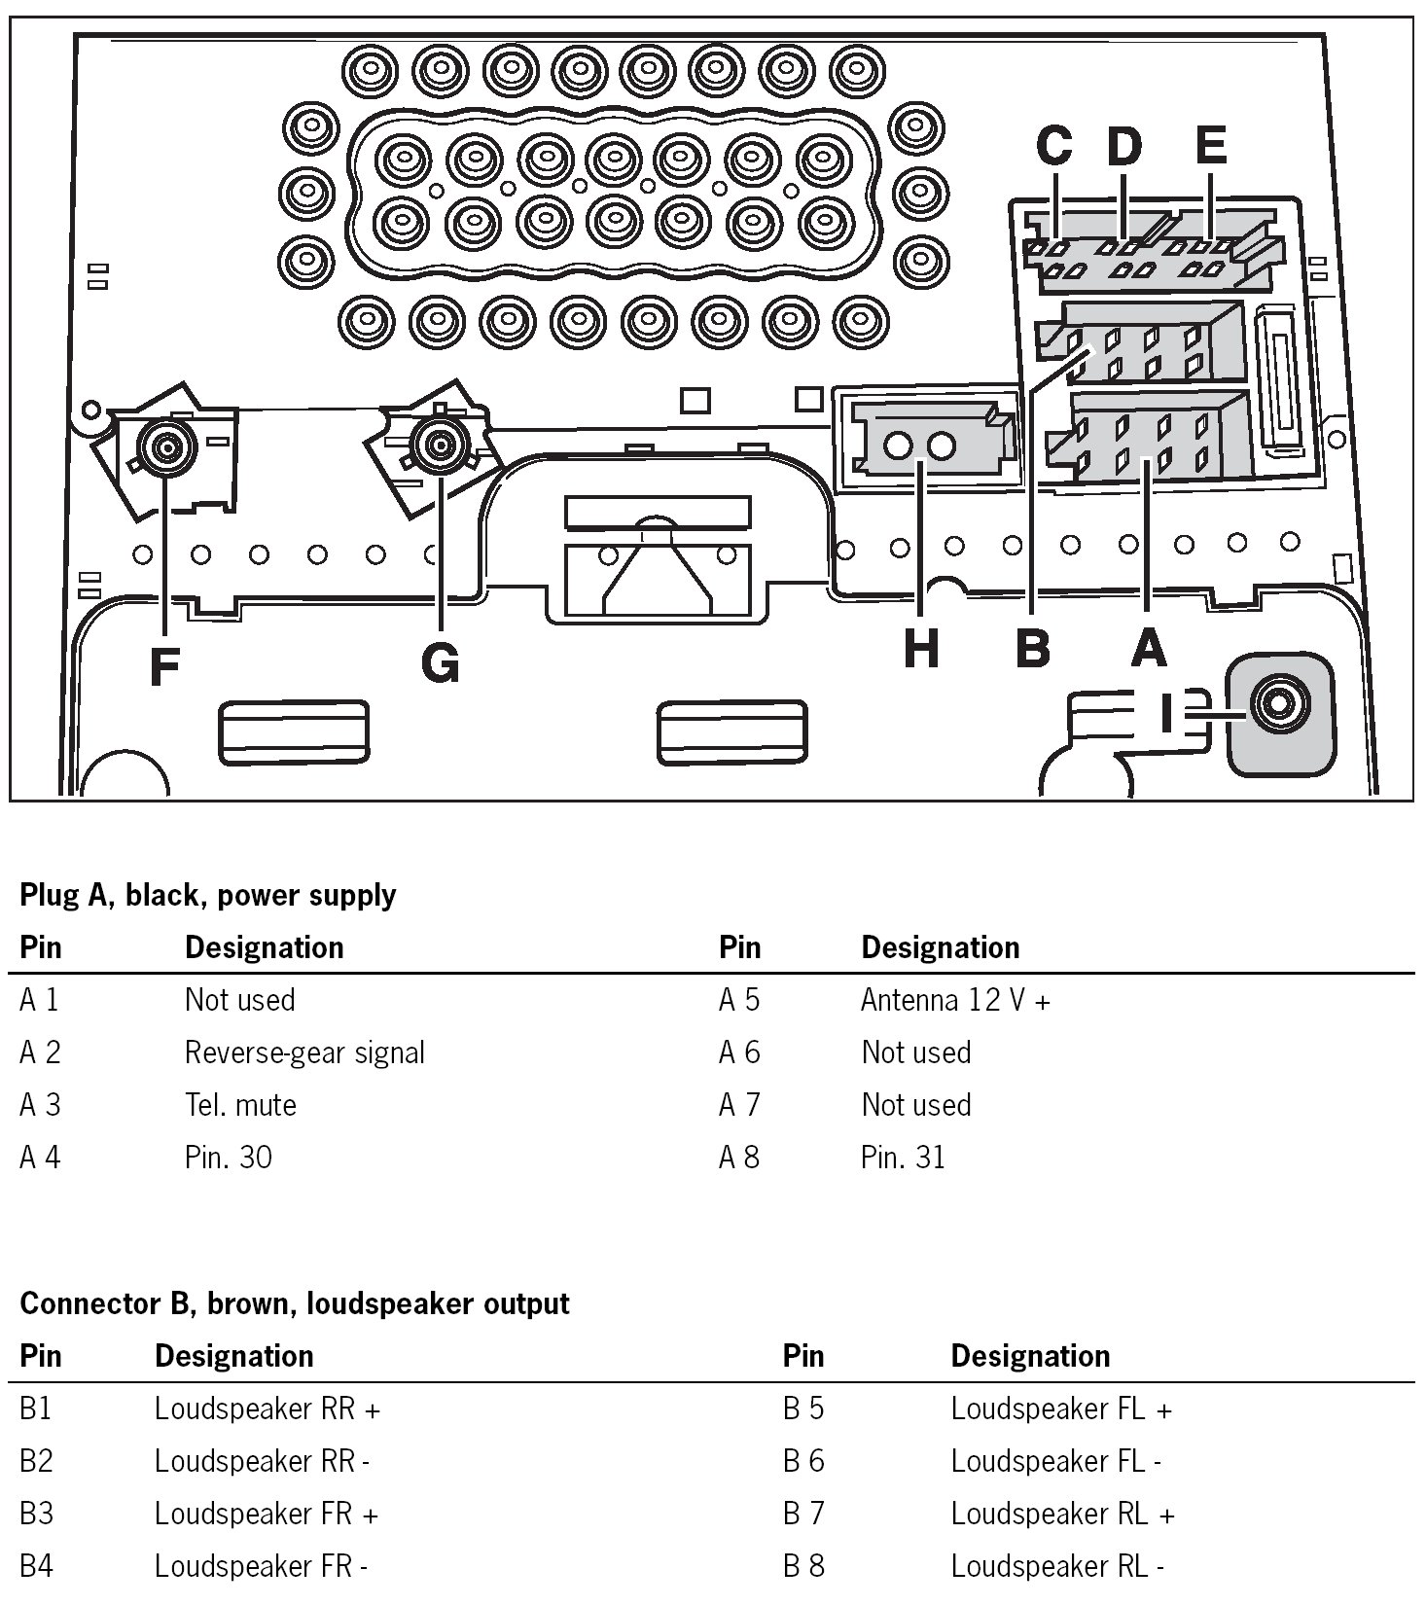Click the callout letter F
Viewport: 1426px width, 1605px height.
click(165, 667)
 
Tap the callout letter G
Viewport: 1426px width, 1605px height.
click(441, 664)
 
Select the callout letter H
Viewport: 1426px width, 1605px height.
click(921, 648)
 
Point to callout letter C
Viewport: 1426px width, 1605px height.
click(1054, 146)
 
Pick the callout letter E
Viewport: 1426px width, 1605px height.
click(1211, 145)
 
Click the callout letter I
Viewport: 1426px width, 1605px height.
click(1167, 712)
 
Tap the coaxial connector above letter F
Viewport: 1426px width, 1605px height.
click(167, 447)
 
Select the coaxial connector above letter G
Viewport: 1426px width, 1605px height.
click(440, 445)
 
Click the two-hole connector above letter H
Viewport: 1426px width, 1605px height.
click(920, 446)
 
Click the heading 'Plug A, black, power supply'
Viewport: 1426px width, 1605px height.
click(208, 895)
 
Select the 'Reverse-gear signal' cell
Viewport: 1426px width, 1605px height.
click(304, 1052)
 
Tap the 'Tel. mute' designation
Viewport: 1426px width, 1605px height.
click(240, 1105)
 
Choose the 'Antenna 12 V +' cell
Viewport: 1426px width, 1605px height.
click(955, 1000)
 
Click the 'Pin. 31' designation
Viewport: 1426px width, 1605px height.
click(903, 1158)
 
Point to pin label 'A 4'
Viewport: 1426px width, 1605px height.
click(40, 1158)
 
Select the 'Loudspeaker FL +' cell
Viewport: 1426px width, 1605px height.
click(1061, 1409)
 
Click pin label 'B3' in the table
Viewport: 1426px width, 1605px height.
click(36, 1514)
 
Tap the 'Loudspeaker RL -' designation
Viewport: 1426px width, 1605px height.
click(1057, 1566)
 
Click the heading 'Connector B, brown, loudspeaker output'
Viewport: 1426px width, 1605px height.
click(294, 1303)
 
